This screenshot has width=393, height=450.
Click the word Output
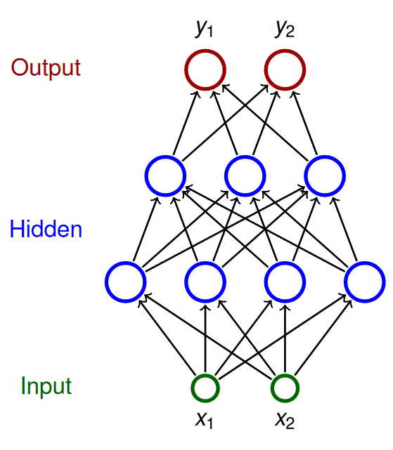coord(46,67)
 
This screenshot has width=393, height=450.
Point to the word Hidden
coord(46,229)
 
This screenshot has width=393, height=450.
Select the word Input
coord(46,386)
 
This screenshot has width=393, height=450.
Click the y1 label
coord(204,29)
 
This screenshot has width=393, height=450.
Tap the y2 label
coord(285,29)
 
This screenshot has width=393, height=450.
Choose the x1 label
coord(204,420)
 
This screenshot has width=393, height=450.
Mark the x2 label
coord(285,420)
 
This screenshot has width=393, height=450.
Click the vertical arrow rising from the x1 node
coord(205,338)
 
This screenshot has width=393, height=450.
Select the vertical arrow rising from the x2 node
coord(285,338)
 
